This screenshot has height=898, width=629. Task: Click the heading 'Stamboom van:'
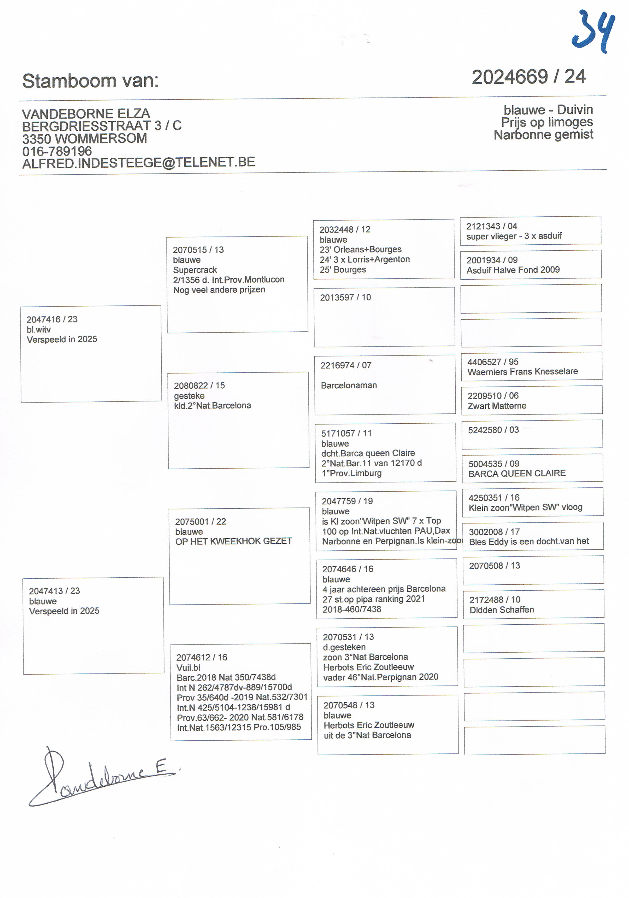pyautogui.click(x=90, y=81)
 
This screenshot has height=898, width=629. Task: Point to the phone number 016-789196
pyautogui.click(x=57, y=151)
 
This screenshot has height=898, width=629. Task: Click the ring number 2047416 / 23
pyautogui.click(x=52, y=319)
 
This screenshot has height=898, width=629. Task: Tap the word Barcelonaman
pyautogui.click(x=349, y=385)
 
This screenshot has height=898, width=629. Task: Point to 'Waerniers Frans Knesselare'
pyautogui.click(x=522, y=372)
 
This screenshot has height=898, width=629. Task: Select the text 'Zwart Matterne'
pyautogui.click(x=497, y=406)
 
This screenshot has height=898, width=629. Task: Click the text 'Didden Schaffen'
pyautogui.click(x=501, y=610)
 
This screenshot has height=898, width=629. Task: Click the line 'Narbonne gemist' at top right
pyautogui.click(x=543, y=135)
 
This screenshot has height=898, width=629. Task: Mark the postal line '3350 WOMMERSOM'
pyautogui.click(x=84, y=139)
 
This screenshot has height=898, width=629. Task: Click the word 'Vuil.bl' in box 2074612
pyautogui.click(x=188, y=668)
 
